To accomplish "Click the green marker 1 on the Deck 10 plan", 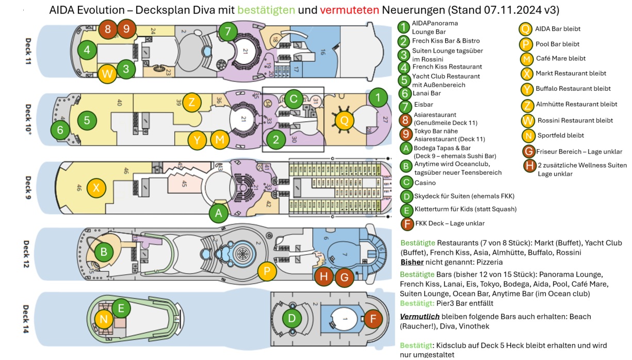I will (x=378, y=97).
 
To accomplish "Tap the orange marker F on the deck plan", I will (x=372, y=319).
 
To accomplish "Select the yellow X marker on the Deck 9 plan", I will (x=96, y=187).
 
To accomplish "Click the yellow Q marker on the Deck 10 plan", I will (x=344, y=121).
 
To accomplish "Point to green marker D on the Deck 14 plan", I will (x=292, y=318).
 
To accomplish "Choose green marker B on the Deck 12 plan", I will (x=104, y=252).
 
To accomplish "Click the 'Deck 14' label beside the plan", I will (x=26, y=319).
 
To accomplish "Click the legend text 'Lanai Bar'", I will (x=427, y=93).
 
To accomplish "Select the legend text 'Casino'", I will (x=425, y=183).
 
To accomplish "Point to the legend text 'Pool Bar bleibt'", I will (x=557, y=44).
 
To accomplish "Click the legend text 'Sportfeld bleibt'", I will (x=560, y=135).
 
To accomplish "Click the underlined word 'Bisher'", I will (x=412, y=262).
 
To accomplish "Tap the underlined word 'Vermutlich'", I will (x=419, y=316).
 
